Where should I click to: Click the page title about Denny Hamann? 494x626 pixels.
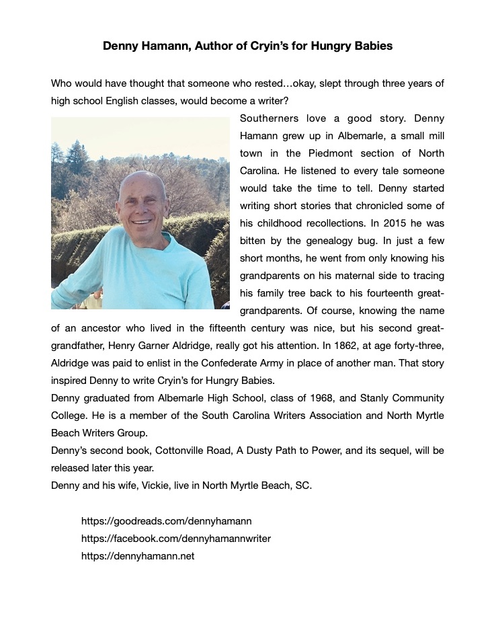point(247,46)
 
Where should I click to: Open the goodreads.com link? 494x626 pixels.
point(166,521)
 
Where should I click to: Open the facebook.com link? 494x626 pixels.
point(175,539)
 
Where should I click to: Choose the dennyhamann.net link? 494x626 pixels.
point(137,556)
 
